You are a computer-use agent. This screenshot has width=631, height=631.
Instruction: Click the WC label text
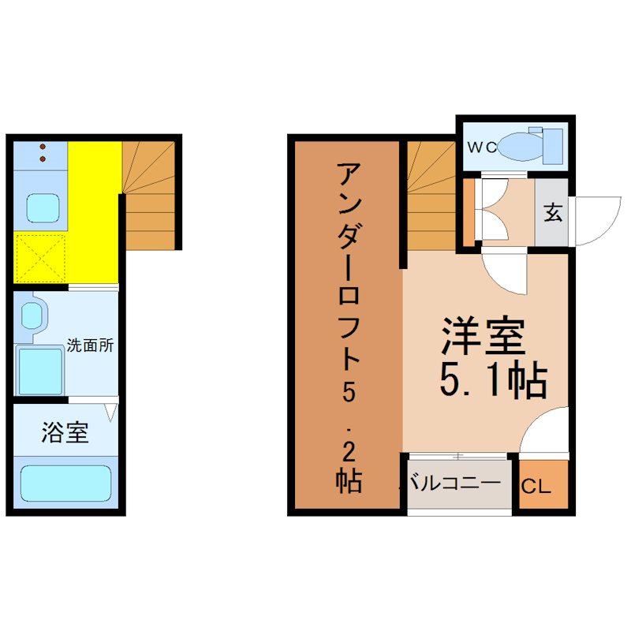482,147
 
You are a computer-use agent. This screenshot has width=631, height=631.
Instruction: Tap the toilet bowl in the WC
520,147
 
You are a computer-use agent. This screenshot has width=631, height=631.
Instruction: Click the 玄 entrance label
553,212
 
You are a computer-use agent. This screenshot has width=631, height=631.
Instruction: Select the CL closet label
536,487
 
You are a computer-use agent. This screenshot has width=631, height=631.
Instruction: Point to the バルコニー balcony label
454,483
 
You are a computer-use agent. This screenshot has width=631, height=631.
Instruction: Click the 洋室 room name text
484,337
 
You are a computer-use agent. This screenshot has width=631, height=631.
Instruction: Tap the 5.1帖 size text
494,381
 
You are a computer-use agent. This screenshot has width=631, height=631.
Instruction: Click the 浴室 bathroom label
65,432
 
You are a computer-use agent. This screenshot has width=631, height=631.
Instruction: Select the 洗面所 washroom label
90,345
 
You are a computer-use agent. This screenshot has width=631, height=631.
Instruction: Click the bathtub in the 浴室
65,484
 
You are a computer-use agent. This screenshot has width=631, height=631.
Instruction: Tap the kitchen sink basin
43,208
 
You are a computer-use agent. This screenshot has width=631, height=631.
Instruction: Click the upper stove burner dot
43,147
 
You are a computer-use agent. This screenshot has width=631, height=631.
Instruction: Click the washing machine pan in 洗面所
40,371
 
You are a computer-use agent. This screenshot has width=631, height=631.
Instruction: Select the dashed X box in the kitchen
40,258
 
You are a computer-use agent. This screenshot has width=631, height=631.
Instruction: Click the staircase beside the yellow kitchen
149,195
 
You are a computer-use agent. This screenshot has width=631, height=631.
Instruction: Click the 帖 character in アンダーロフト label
349,480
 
